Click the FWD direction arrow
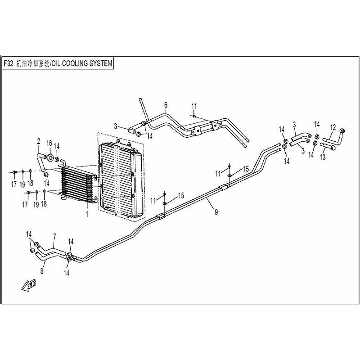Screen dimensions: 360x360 tap(29, 285)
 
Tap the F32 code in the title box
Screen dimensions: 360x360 tap(9, 63)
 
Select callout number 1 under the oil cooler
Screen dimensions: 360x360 tap(87, 214)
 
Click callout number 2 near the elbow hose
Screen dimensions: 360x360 tap(39, 141)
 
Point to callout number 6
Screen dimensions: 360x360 tap(166, 105)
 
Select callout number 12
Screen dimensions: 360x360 tap(333, 127)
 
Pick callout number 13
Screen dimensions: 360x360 tap(323, 157)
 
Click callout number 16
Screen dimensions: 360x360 tap(49, 143)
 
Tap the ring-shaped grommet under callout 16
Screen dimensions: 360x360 tap(49, 158)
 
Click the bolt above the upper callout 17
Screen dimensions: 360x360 tap(14, 172)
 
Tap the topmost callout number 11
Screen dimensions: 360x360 tap(194, 107)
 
